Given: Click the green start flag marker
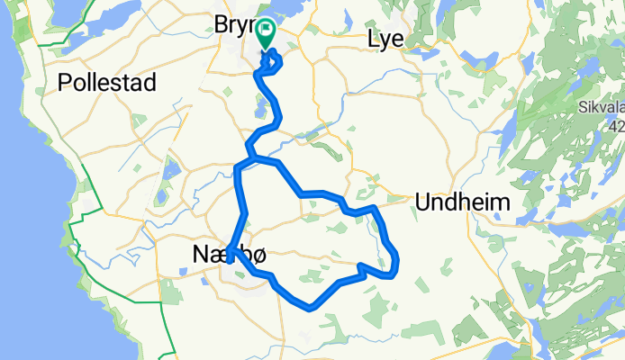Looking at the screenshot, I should click(267, 33).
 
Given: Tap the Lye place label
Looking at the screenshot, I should click(387, 39).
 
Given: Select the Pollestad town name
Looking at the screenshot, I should click(107, 83).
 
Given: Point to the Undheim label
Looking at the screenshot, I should click(462, 203).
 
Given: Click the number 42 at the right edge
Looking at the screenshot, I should click(617, 128).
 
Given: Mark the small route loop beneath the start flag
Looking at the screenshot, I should click(271, 63).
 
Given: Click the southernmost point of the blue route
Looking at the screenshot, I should click(310, 308).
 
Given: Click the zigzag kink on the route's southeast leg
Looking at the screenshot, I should click(362, 268).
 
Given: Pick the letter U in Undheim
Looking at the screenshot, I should click(423, 203).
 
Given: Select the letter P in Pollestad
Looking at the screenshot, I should click(64, 83).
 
